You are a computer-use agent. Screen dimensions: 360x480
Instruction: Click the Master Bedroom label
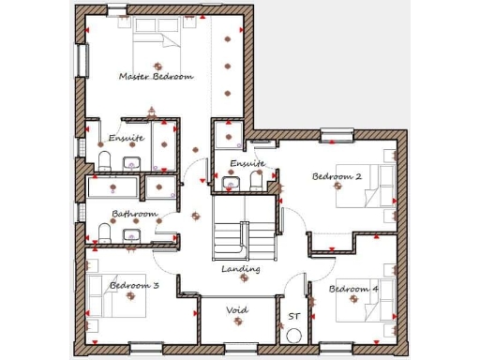pyautogui.click(x=156, y=76)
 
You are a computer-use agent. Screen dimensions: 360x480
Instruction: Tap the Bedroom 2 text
pyautogui.click(x=337, y=176)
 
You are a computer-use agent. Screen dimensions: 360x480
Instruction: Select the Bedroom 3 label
pyautogui.click(x=133, y=285)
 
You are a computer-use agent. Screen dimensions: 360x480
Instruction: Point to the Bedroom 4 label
pyautogui.click(x=353, y=289)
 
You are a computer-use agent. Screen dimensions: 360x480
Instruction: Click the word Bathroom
pyautogui.click(x=134, y=214)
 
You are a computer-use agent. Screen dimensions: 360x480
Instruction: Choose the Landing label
pyautogui.click(x=240, y=269)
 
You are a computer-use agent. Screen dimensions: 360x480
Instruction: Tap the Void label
pyautogui.click(x=237, y=309)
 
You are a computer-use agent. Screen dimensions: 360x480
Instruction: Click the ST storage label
pyautogui.click(x=293, y=317)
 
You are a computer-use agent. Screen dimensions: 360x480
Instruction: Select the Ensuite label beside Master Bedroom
pyautogui.click(x=126, y=138)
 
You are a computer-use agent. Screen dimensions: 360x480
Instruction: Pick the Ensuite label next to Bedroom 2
pyautogui.click(x=247, y=163)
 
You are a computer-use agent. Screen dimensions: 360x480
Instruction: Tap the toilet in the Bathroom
pyautogui.click(x=104, y=234)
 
